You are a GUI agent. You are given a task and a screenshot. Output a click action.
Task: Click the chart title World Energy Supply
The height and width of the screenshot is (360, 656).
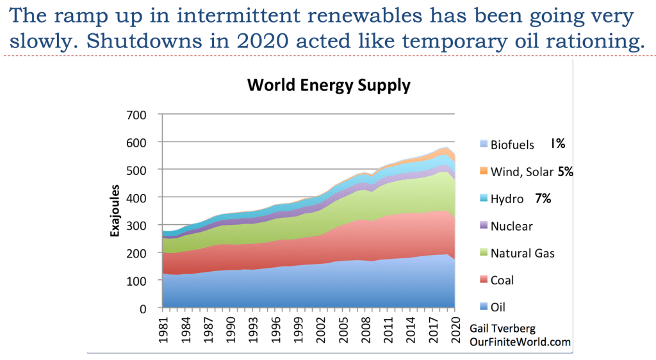[x=329, y=86]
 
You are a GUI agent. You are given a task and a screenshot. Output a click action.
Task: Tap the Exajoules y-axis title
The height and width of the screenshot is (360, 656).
[x=116, y=211]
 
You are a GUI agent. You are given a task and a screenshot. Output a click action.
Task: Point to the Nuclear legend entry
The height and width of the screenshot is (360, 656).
[x=511, y=226]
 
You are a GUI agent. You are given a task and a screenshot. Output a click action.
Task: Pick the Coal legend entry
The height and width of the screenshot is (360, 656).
[x=502, y=280]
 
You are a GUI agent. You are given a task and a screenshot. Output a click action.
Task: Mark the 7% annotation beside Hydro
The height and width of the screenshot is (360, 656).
[x=543, y=199]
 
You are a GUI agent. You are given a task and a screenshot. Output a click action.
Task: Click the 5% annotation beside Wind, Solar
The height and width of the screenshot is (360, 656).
[x=565, y=172]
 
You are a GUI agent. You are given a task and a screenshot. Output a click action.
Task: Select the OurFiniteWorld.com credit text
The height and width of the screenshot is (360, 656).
[x=520, y=343]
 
